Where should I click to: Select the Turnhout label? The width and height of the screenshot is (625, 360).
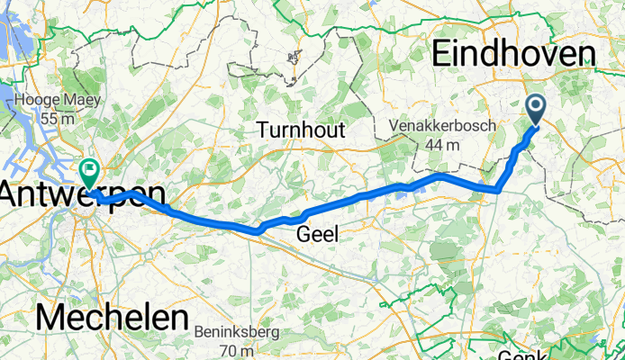[x=301, y=130]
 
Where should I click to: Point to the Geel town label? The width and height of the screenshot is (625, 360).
[x=318, y=235]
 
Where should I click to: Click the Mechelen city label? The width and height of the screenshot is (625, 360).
[x=112, y=319]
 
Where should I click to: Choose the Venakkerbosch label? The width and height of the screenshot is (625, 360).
[x=441, y=127]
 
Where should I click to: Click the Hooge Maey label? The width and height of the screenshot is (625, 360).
[x=50, y=101]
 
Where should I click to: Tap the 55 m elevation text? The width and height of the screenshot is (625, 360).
[x=50, y=119]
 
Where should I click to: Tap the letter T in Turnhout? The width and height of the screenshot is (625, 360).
[x=262, y=130]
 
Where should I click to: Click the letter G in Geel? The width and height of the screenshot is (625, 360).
[x=303, y=235]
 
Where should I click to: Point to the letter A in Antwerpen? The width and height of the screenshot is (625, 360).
[x=12, y=193]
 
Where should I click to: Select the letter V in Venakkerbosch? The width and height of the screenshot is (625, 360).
[x=394, y=127]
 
